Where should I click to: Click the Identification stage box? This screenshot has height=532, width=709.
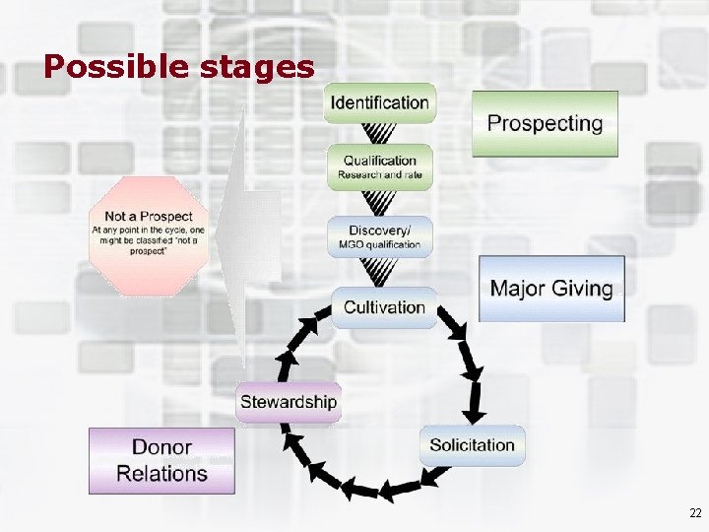pyautogui.click(x=379, y=102)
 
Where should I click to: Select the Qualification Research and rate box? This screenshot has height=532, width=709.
pyautogui.click(x=379, y=166)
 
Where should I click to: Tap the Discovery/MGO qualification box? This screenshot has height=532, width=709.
pyautogui.click(x=379, y=237)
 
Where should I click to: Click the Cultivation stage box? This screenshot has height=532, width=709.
pyautogui.click(x=384, y=307)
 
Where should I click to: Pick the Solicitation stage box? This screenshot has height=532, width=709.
pyautogui.click(x=472, y=445)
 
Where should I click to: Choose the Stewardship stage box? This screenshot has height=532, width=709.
pyautogui.click(x=289, y=402)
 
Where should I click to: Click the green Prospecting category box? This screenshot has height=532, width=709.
pyautogui.click(x=545, y=124)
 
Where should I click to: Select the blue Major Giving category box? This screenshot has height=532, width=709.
pyautogui.click(x=551, y=289)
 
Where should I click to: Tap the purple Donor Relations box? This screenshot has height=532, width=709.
pyautogui.click(x=162, y=460)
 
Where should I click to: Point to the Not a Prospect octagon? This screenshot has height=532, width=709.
pyautogui.click(x=149, y=235)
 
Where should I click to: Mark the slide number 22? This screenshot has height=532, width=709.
pyautogui.click(x=695, y=513)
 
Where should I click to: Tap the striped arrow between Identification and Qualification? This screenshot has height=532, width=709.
pyautogui.click(x=379, y=133)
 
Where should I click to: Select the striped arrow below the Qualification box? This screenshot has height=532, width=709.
pyautogui.click(x=379, y=203)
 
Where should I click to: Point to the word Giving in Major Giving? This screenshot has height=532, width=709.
pyautogui.click(x=579, y=289)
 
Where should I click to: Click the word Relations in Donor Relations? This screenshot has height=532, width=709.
pyautogui.click(x=162, y=473)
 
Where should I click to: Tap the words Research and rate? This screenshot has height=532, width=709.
pyautogui.click(x=379, y=175)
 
